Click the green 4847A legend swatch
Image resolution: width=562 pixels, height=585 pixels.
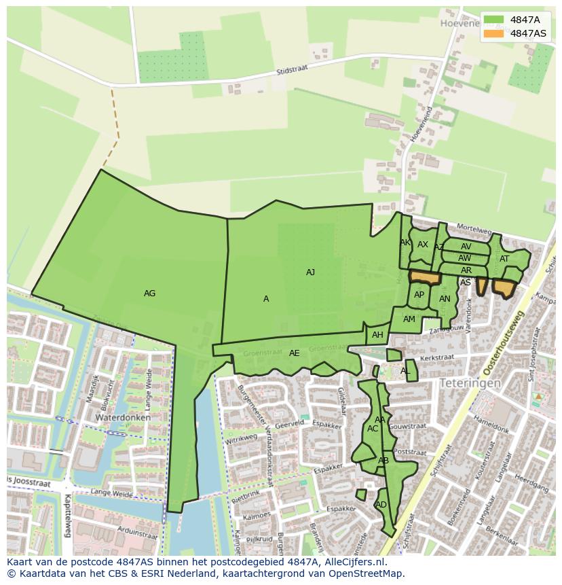[493, 20]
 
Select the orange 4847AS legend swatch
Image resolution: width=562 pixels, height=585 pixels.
[493, 33]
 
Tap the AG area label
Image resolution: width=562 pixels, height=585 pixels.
[150, 294]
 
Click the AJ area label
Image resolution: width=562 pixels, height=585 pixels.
[310, 272]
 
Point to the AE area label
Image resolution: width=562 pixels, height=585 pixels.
[294, 353]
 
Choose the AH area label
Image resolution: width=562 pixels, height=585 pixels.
[377, 335]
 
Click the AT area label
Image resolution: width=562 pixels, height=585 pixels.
[504, 259]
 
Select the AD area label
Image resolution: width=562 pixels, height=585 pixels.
[381, 505]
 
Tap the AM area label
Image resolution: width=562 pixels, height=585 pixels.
[409, 319]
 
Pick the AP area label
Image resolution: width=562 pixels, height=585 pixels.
[419, 295]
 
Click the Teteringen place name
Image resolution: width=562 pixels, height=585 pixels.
[470, 383]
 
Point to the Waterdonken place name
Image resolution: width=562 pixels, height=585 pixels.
[122, 417]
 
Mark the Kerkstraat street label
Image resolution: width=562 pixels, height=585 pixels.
[436, 357]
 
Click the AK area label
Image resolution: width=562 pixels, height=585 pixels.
[405, 243]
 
